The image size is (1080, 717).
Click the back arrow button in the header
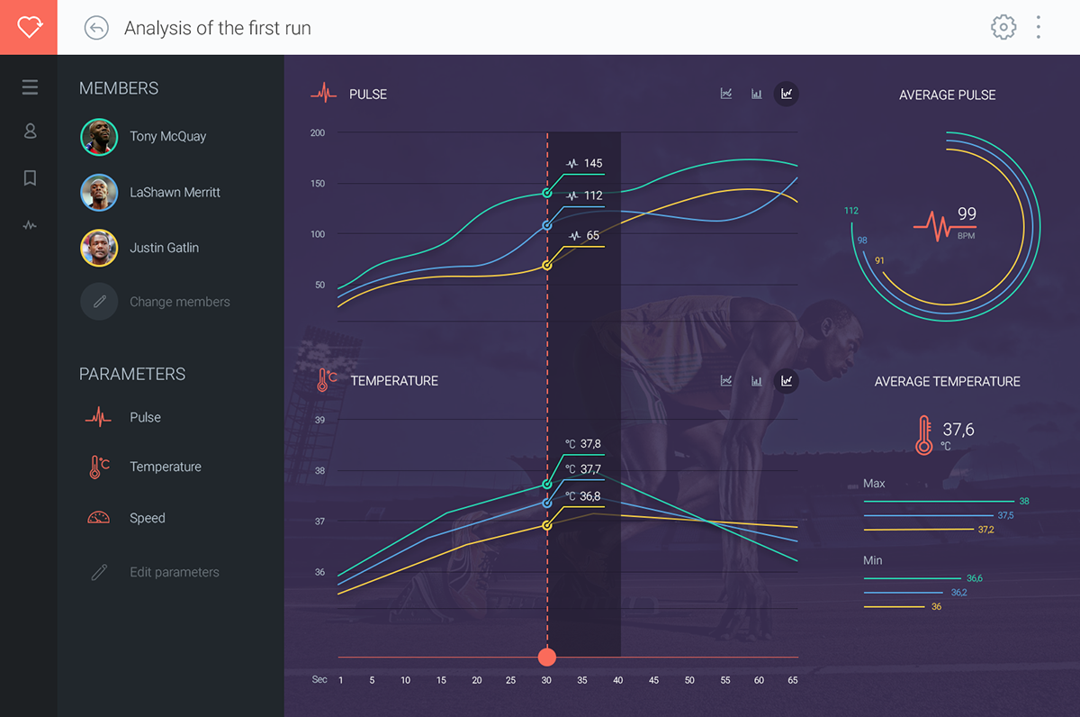click(96, 28)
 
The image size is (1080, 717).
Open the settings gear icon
click(1003, 27)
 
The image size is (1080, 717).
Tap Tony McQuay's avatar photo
click(99, 137)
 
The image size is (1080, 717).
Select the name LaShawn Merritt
click(175, 192)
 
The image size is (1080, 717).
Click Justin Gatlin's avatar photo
click(99, 248)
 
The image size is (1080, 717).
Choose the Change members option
click(179, 302)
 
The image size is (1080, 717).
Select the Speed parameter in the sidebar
click(147, 518)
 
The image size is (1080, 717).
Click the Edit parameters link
click(174, 572)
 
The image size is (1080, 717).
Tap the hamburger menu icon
click(30, 87)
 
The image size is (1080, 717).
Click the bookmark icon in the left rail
click(30, 178)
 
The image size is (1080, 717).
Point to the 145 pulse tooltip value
click(592, 163)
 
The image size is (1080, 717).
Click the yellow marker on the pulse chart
click(547, 265)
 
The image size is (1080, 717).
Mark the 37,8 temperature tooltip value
click(590, 444)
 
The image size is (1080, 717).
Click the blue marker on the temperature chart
click(547, 503)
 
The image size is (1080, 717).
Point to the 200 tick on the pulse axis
click(318, 133)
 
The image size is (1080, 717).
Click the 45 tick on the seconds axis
click(653, 680)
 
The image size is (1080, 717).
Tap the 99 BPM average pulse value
click(967, 214)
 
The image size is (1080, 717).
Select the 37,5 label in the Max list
click(1005, 515)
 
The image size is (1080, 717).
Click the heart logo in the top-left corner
click(29, 27)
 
